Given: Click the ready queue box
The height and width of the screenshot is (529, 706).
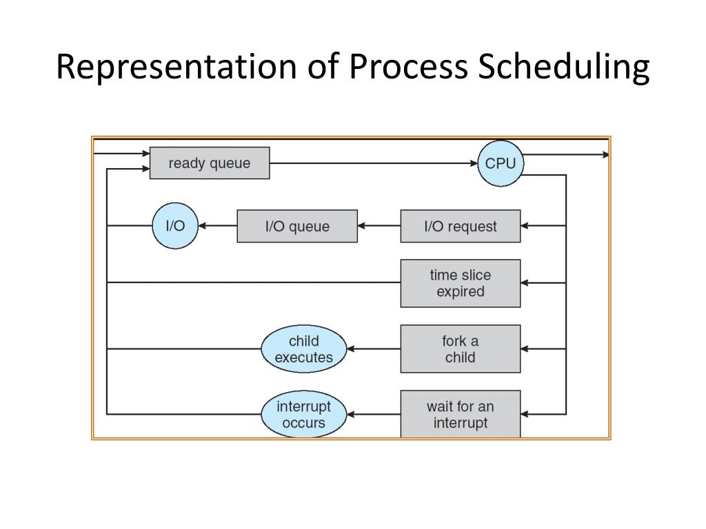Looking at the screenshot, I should coord(210,163).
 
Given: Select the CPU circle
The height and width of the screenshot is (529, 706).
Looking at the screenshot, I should coord(501,163).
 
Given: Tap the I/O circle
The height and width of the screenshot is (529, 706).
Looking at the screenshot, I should coord(174,225).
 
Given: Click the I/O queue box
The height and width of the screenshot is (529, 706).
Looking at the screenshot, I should coord(297,226).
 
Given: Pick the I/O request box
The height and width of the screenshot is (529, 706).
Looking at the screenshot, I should coord(460,226).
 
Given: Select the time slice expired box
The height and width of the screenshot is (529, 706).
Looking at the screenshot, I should coord(460,283).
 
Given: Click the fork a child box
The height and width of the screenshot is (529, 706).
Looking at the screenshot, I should coord(460,349).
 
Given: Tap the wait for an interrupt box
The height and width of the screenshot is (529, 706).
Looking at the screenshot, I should coord(460,414).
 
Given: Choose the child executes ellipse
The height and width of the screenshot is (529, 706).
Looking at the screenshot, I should coord(303,349).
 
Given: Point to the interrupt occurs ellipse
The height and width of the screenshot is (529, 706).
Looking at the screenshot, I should coord(303,415).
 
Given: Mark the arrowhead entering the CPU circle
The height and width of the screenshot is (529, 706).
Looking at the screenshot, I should coord(474,163).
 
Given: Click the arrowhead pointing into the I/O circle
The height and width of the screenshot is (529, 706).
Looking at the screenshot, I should coord(202,225).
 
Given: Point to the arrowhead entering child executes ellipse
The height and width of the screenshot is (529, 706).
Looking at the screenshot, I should coord(350,349).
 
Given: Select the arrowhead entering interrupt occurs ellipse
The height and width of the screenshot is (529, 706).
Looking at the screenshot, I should coord(350,415).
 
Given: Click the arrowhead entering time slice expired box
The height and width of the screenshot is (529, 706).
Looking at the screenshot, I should coord(525,283).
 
